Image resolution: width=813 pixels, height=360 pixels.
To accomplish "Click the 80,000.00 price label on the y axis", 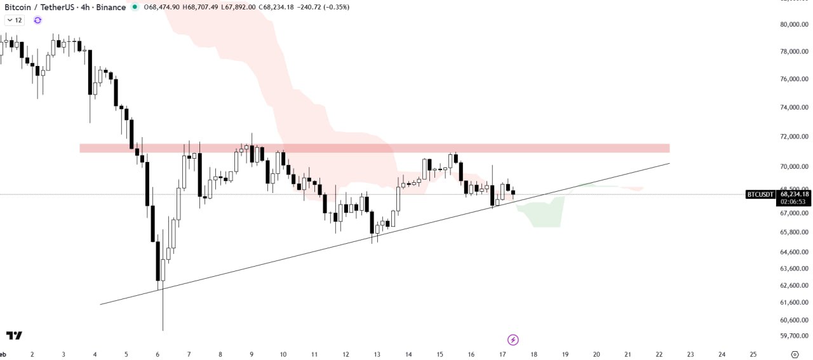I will click(794, 24).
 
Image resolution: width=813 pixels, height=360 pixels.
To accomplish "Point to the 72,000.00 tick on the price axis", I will click(794, 137).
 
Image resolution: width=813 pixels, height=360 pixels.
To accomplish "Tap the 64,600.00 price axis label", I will click(794, 252).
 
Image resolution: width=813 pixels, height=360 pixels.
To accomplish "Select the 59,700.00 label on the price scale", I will click(794, 336).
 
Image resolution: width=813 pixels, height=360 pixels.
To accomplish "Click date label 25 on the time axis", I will click(753, 354).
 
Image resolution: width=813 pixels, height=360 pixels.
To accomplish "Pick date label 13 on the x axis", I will click(377, 354).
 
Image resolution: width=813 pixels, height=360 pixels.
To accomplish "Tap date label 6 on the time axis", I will click(158, 354).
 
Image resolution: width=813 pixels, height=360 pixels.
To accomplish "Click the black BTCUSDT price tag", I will click(760, 194).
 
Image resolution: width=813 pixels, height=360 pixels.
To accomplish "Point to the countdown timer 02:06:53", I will click(793, 201).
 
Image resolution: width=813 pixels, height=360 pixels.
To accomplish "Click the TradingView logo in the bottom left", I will click(14, 335).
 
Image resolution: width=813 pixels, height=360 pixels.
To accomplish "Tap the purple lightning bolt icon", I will click(513, 340).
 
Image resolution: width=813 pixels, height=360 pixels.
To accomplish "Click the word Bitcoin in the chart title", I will click(18, 7).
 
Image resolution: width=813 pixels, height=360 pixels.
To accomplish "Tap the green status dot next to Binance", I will click(135, 7).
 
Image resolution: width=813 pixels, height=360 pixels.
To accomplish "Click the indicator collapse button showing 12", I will click(14, 20).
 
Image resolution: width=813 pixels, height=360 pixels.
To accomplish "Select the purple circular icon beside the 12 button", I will click(37, 20).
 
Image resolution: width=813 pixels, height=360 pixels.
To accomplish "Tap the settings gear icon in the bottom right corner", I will click(795, 354).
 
